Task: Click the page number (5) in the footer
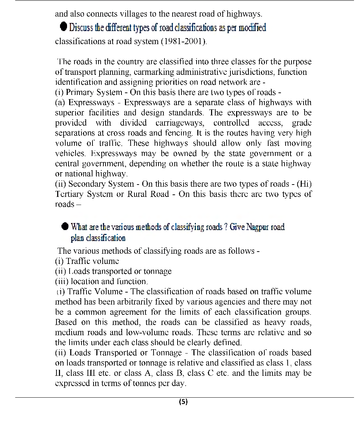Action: click(x=183, y=402)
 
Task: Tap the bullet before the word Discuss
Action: click(x=64, y=27)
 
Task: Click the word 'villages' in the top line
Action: click(x=134, y=14)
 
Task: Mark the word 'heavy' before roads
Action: click(x=275, y=323)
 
